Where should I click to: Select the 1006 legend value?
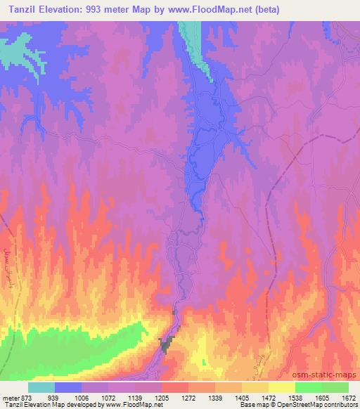click(x=82, y=396)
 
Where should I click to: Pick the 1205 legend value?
click(x=162, y=396)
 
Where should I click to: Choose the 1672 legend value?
click(x=349, y=396)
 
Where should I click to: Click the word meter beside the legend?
click(x=10, y=396)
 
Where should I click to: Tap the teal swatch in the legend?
click(x=41, y=387)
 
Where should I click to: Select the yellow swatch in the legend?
click(x=282, y=387)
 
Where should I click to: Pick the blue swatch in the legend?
click(x=68, y=387)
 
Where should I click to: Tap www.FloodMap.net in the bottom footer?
click(x=136, y=405)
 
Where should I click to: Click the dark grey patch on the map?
click(x=167, y=344)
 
